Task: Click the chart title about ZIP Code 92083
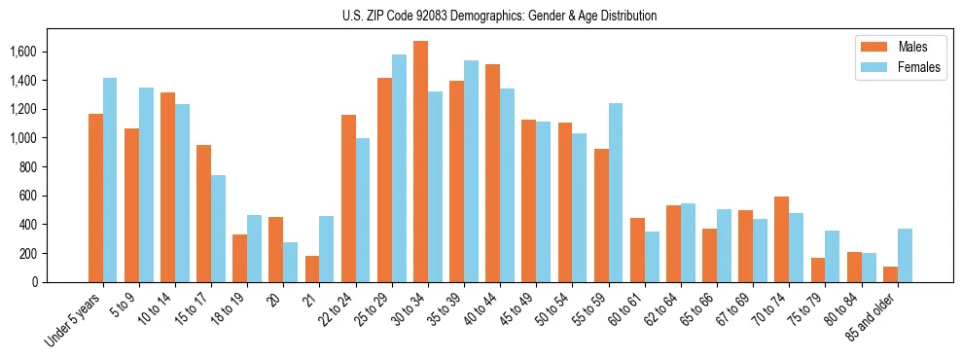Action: click(x=500, y=16)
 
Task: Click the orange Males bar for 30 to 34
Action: click(x=420, y=162)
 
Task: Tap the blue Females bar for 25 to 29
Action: click(x=399, y=168)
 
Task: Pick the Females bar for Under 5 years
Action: click(x=110, y=180)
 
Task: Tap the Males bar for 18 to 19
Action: click(x=239, y=258)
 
